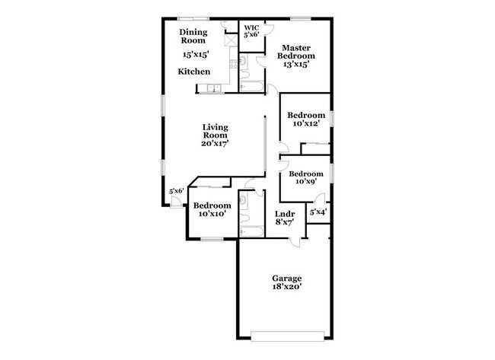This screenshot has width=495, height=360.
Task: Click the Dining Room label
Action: pos(193,36)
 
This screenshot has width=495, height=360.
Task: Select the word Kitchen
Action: pos(193,72)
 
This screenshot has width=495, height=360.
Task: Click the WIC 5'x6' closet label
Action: pos(251,31)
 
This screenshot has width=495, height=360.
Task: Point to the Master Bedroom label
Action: pos(292,52)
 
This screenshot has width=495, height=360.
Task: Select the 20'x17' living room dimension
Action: pos(215,142)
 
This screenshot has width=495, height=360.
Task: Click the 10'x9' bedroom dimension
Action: pos(305,181)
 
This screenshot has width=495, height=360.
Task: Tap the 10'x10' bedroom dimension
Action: pos(212,215)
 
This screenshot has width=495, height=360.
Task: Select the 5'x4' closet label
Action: pos(318,212)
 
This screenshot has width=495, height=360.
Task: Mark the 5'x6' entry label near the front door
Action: pos(177,191)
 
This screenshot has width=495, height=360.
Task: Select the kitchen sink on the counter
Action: pos(214,90)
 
